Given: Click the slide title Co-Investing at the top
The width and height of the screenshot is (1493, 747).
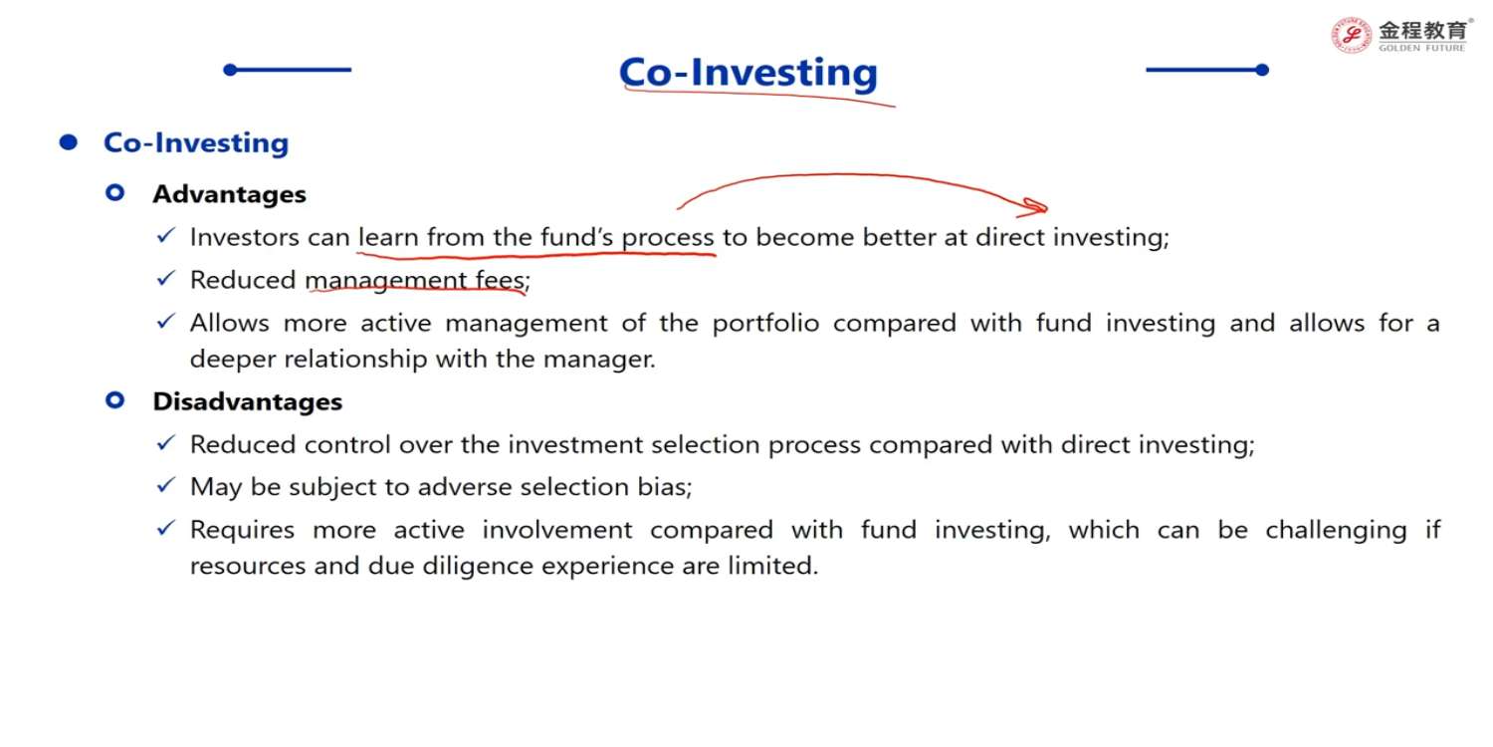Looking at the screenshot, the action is pos(747,72).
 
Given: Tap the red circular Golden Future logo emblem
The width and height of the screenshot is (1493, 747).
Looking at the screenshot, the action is pos(1351,35).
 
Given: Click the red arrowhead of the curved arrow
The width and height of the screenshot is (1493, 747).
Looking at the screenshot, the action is pos(1033,207).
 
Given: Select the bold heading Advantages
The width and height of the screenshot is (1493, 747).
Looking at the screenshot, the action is pos(229,194).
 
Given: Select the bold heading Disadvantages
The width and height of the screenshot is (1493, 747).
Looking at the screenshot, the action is pos(247,401).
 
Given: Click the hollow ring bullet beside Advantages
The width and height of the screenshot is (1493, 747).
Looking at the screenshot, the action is pos(115,193).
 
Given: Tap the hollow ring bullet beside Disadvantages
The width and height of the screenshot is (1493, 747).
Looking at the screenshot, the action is pos(115,400).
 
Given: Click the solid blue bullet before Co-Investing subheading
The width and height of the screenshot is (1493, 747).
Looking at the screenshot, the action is pos(68,142).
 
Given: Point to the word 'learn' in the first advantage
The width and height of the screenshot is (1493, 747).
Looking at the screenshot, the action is pos(388,237).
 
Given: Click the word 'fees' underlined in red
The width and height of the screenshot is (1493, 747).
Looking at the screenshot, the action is pos(500,280).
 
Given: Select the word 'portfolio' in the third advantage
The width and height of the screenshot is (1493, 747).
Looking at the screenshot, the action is pos(765,324).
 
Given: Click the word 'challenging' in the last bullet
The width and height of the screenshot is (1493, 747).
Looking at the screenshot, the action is pos(1337,531).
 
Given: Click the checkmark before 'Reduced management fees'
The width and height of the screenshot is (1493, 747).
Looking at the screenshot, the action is pos(165,278).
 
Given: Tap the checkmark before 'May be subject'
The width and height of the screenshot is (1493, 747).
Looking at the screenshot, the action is pos(165,485).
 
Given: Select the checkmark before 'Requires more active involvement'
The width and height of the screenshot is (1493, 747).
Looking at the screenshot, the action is pos(165,528).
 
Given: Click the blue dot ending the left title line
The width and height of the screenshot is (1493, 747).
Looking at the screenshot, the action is pos(230,70).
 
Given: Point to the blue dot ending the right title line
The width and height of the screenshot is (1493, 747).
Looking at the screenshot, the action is pos(1262,70).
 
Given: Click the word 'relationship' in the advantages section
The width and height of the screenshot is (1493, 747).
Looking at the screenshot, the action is pos(355,360).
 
